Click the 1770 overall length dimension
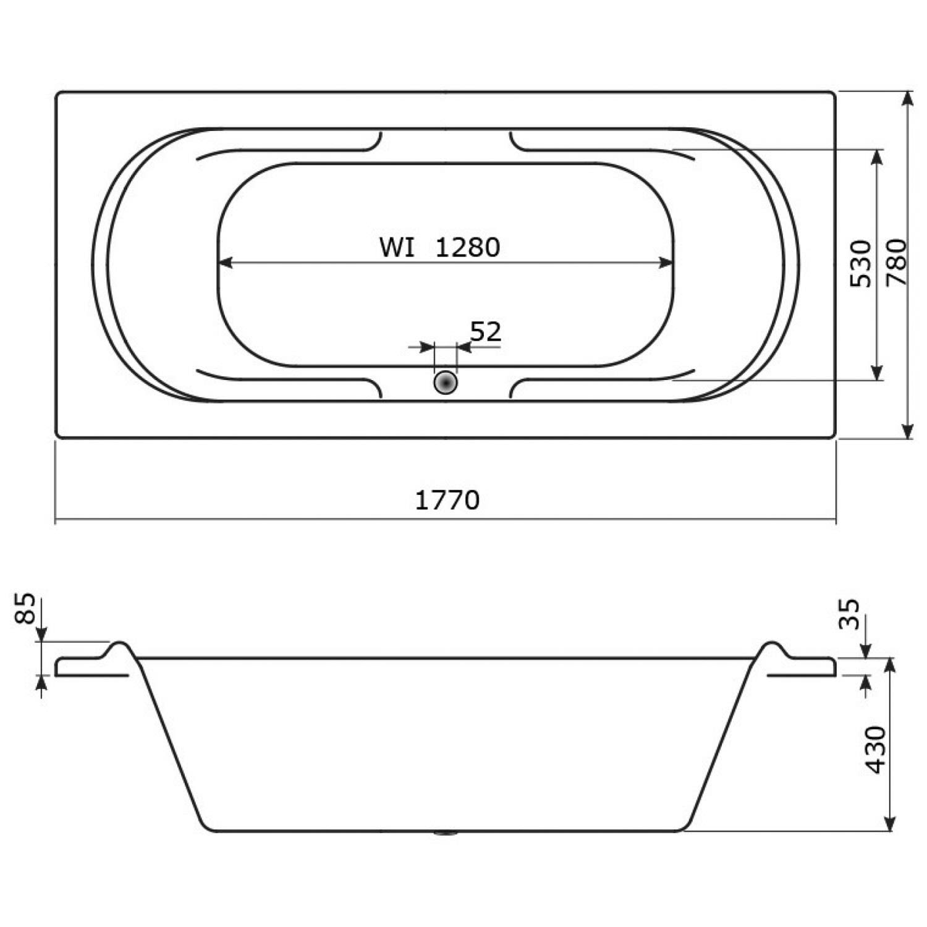[447, 500]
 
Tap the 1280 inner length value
[468, 247]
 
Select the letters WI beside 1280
[397, 247]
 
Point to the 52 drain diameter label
[486, 332]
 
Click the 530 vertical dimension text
[861, 263]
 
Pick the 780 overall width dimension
[896, 262]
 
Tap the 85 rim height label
[26, 609]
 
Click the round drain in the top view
[445, 383]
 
